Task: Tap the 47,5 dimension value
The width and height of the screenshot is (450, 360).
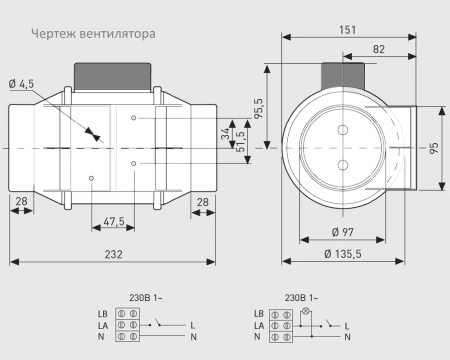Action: pyautogui.click(x=113, y=221)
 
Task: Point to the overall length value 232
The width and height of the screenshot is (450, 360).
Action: pyautogui.click(x=113, y=255)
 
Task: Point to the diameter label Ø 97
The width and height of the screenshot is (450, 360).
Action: pyautogui.click(x=342, y=233)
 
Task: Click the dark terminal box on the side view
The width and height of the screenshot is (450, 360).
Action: pyautogui.click(x=113, y=76)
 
